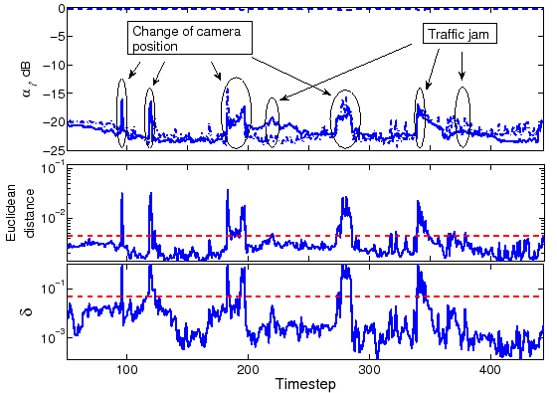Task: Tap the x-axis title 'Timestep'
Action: (303, 384)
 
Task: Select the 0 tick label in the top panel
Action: (59, 8)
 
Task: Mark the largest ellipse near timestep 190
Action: (236, 112)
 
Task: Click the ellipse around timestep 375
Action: (462, 117)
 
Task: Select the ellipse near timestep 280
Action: (345, 119)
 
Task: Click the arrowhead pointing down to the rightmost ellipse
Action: (462, 77)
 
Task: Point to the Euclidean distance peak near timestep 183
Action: (227, 190)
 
